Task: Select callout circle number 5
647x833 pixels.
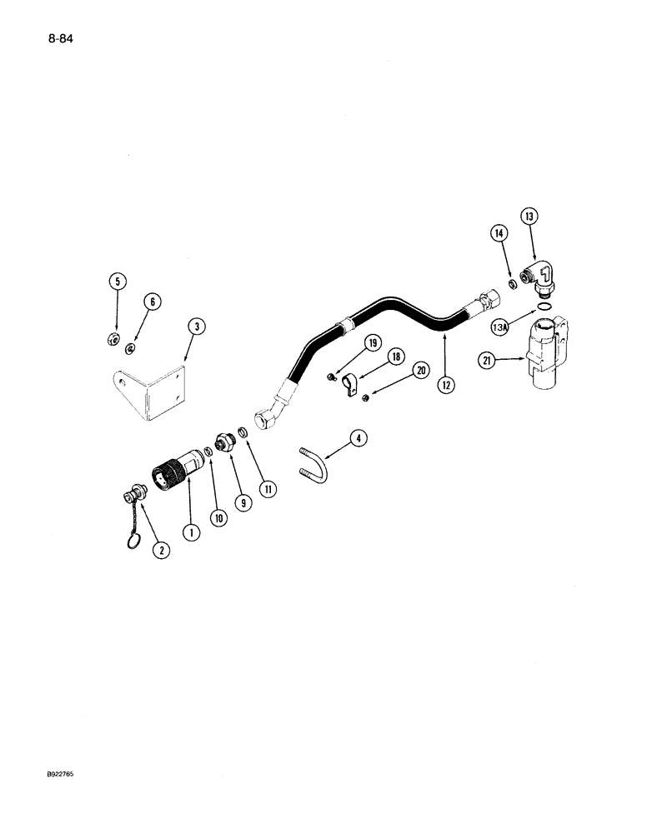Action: (118, 282)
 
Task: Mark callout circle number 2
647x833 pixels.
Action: (159, 549)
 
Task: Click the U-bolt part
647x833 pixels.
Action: (312, 464)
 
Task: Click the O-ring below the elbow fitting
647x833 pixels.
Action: (543, 310)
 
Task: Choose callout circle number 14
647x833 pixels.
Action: (499, 235)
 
